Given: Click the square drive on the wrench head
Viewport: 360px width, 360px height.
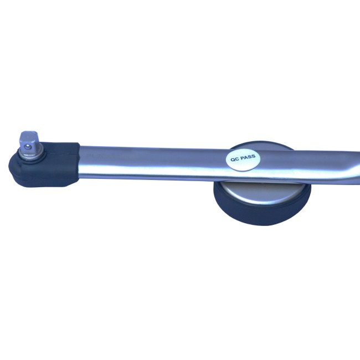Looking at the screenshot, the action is pyautogui.click(x=29, y=140).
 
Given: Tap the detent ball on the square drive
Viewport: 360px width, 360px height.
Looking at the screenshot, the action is pyautogui.click(x=28, y=147).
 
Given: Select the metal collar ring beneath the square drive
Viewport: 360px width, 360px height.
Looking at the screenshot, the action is pyautogui.click(x=32, y=152).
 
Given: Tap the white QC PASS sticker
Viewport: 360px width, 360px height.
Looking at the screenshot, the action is pyautogui.click(x=243, y=160).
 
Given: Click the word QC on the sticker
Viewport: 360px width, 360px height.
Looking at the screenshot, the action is pyautogui.click(x=235, y=160).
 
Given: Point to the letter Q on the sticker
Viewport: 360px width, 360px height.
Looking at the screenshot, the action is pyautogui.click(x=233, y=160).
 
